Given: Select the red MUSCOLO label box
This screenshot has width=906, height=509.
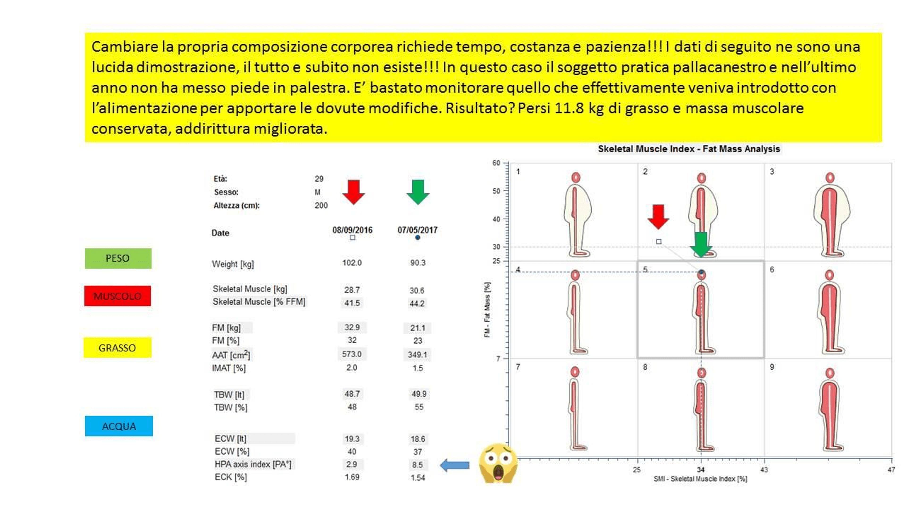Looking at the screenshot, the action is coord(117,296).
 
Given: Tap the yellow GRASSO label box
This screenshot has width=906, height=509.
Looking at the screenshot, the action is coord(117,347).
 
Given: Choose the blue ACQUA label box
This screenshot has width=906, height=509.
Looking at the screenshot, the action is coord(119,426).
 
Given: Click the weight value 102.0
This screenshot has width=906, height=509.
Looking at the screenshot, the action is coord(352,263).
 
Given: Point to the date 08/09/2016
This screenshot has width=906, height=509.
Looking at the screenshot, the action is coord(352,230).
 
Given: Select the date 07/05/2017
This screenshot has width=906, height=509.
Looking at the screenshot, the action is coord(417,230).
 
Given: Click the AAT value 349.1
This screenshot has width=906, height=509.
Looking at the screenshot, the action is coord(417,354).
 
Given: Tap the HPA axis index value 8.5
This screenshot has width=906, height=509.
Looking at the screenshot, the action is coord(417,464).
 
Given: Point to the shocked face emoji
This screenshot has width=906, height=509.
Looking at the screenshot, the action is coord(498,463).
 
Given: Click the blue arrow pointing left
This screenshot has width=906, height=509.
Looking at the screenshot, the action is coord(455,465).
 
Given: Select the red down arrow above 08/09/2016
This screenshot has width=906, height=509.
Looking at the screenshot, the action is coord(353,192).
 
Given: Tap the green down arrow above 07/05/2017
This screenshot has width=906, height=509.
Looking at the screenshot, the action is coord(418,192).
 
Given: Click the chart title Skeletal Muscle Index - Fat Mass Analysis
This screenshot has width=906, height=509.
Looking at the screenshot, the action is coord(689,149).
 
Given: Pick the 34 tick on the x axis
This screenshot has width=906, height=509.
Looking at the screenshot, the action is coord(701,470).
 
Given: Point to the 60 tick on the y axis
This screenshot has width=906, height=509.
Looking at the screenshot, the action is coord(496,163).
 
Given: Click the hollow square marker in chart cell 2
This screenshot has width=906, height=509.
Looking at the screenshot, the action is coord(659,242).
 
